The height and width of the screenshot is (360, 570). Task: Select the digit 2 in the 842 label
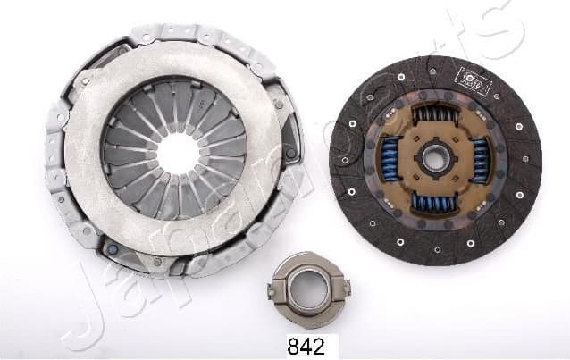pyautogui.click(x=321, y=347)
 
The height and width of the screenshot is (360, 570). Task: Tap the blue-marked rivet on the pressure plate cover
pyautogui.click(x=112, y=249)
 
